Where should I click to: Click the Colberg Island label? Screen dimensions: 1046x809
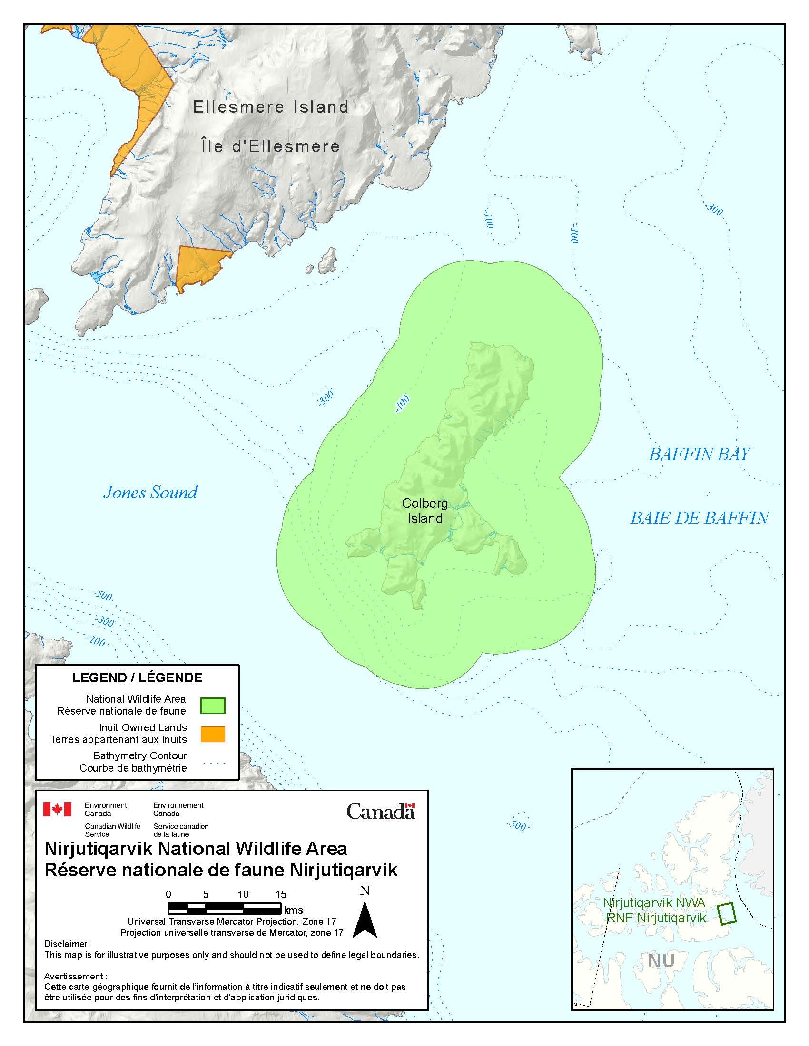coord(424,511)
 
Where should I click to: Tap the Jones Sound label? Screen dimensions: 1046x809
coord(150,493)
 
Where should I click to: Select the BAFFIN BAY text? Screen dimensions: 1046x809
coord(699,455)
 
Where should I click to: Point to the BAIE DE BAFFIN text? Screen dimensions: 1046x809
coord(699,518)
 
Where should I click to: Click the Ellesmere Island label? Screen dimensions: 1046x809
coord(271,107)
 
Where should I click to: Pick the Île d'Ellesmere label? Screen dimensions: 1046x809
coord(270,146)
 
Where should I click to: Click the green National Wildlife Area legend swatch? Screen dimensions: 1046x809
coord(212,706)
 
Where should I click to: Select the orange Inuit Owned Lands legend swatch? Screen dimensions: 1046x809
coord(212,734)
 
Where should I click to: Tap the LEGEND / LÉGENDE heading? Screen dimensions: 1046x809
coord(137,678)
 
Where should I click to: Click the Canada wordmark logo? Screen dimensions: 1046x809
coord(381,811)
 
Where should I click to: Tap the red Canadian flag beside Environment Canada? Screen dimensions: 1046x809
coord(57,809)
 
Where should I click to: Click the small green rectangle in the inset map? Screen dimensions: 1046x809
coord(727,913)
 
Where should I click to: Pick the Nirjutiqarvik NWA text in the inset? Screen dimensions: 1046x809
coord(654,903)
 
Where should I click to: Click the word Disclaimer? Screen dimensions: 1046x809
coord(67,944)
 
